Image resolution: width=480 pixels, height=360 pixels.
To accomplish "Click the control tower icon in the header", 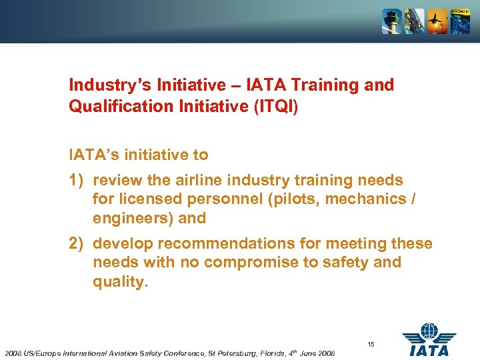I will tap(391, 21).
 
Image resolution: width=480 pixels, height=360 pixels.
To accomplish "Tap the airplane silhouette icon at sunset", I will tap(437, 21).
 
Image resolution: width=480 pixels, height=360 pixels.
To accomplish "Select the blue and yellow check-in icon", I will tap(460, 21).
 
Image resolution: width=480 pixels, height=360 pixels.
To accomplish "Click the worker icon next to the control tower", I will tap(414, 21).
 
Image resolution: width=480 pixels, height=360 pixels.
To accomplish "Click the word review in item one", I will tap(115, 180).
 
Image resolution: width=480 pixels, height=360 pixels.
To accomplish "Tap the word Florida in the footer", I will tap(269, 352).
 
